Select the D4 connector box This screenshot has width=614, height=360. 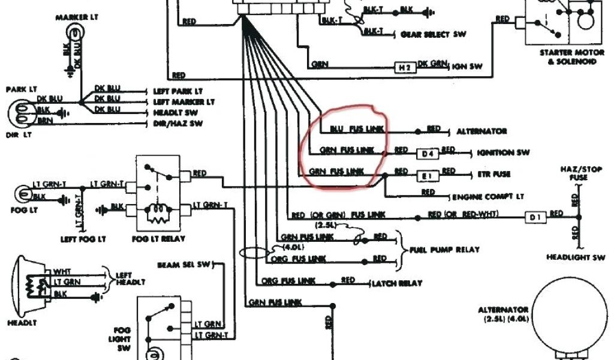click(427, 154)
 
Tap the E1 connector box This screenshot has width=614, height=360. click(427, 175)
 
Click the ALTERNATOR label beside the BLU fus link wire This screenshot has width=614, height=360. click(481, 131)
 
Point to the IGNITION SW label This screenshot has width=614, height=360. click(503, 153)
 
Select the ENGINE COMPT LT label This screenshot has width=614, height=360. click(488, 197)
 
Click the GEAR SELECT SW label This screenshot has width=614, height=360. click(433, 34)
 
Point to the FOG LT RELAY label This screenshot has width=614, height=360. click(158, 239)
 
